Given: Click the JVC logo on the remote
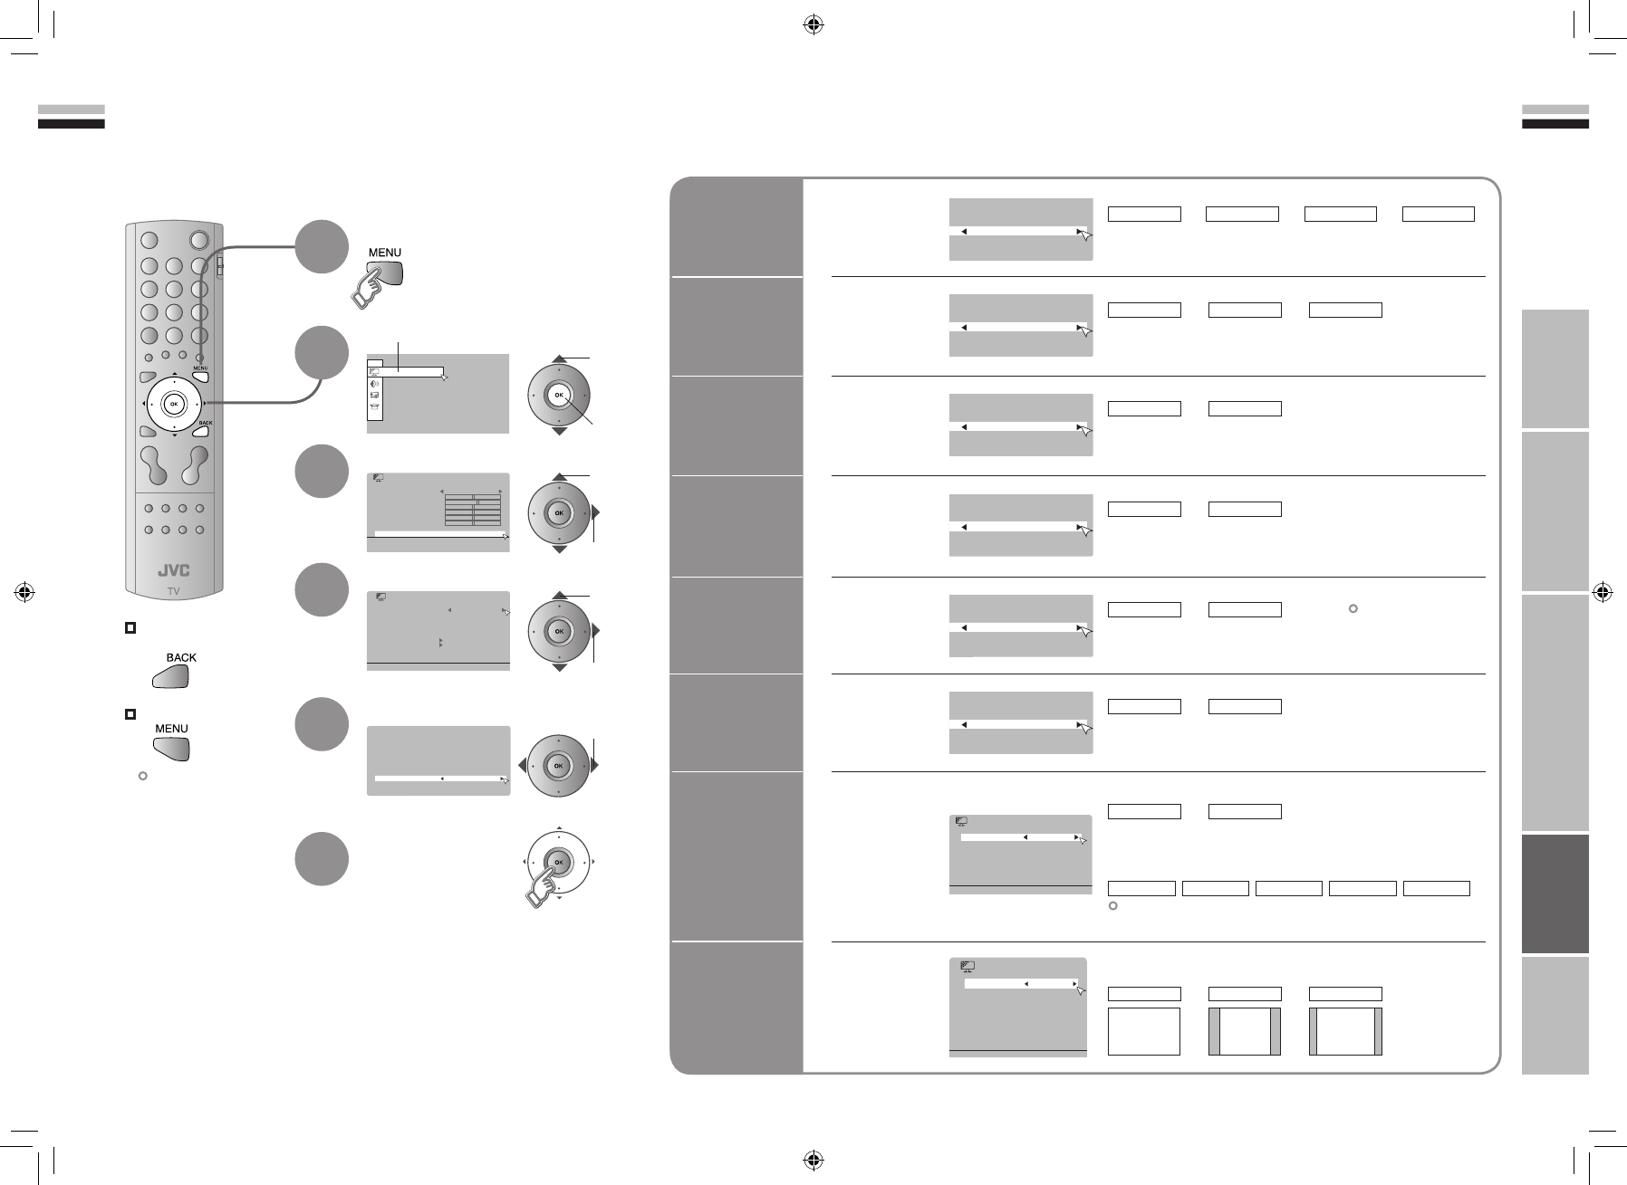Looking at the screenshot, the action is (173, 570).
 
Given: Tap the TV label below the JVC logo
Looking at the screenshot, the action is (173, 591).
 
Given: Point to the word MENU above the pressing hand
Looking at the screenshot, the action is (385, 253).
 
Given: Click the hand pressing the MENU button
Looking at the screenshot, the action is (372, 287).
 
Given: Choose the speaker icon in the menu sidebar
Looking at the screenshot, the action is (375, 383).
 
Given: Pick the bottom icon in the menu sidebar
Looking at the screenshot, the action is (375, 408).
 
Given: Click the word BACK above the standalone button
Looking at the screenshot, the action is (180, 658).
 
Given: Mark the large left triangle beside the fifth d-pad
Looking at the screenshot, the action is (521, 765).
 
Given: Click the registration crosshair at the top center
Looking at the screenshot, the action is (813, 25).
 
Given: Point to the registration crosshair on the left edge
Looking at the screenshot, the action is (25, 593).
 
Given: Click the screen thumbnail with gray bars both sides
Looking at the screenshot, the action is (1245, 1031).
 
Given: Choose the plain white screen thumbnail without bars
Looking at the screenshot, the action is (1144, 1031).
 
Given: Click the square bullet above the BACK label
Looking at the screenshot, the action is (130, 627).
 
